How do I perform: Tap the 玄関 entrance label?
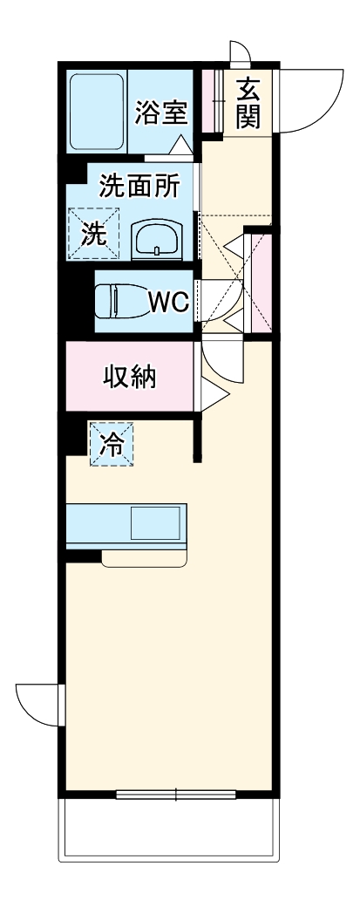[248, 102]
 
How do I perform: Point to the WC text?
[167, 302]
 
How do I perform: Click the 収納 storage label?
[131, 377]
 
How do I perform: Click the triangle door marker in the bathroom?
[180, 144]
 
